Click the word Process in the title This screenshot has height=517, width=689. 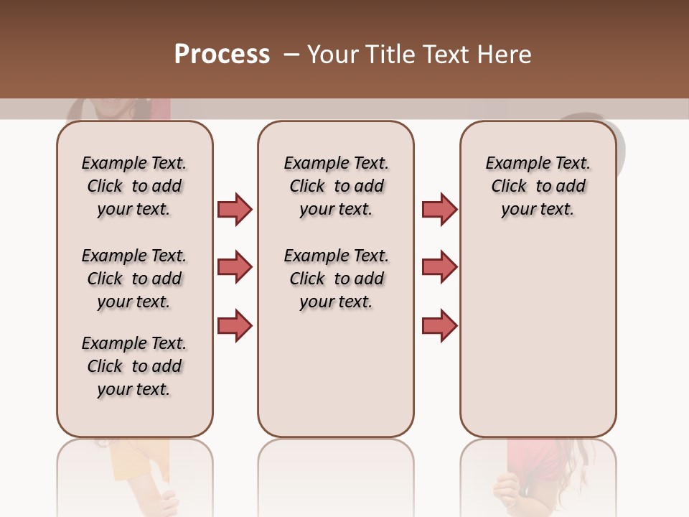coord(222,55)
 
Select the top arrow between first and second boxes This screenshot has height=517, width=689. coord(235,209)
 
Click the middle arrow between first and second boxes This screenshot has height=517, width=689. coord(235,267)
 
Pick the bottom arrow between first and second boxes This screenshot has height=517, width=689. coord(235,325)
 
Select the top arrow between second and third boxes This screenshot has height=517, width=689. coord(439,209)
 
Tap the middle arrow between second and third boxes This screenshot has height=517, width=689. coord(439,267)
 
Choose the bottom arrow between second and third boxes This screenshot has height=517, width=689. coord(439,325)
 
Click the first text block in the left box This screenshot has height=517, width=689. coord(134,186)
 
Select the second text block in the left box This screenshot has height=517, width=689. coord(134,279)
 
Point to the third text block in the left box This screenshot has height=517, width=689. coord(134,366)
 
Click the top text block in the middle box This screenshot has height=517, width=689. coord(336,186)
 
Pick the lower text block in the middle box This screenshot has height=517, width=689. coord(336,279)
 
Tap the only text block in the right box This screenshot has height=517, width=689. coord(538,186)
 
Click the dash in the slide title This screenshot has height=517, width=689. coord(291,55)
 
